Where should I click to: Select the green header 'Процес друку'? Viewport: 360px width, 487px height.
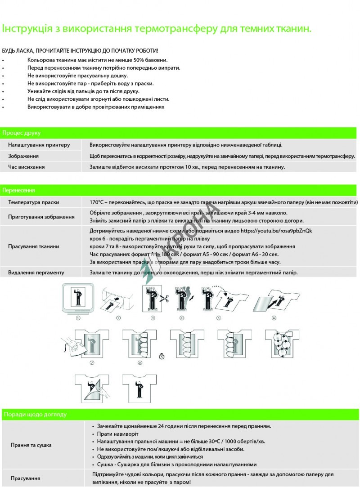coord(22,133)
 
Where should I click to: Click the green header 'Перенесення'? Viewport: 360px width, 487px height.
coord(19,191)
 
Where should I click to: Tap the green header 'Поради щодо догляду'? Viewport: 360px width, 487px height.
coord(35,414)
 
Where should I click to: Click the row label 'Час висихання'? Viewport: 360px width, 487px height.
coord(27,167)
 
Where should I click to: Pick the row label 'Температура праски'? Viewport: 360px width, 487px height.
coord(34,202)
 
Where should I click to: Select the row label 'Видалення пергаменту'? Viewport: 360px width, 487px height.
coord(36,272)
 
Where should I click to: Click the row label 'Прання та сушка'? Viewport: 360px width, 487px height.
coord(31,445)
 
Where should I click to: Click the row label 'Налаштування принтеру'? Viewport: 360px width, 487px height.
coord(39,145)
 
